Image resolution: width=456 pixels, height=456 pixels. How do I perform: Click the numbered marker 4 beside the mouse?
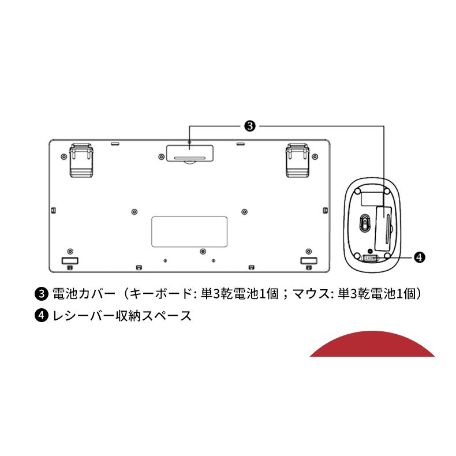click(420, 257)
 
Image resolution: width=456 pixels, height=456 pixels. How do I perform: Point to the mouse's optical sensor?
click(364, 222)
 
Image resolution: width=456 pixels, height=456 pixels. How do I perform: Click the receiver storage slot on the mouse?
click(370, 258)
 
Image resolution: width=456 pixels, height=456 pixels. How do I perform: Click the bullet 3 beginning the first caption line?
click(41, 294)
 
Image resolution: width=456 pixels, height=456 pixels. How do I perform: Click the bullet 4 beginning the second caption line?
click(41, 316)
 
